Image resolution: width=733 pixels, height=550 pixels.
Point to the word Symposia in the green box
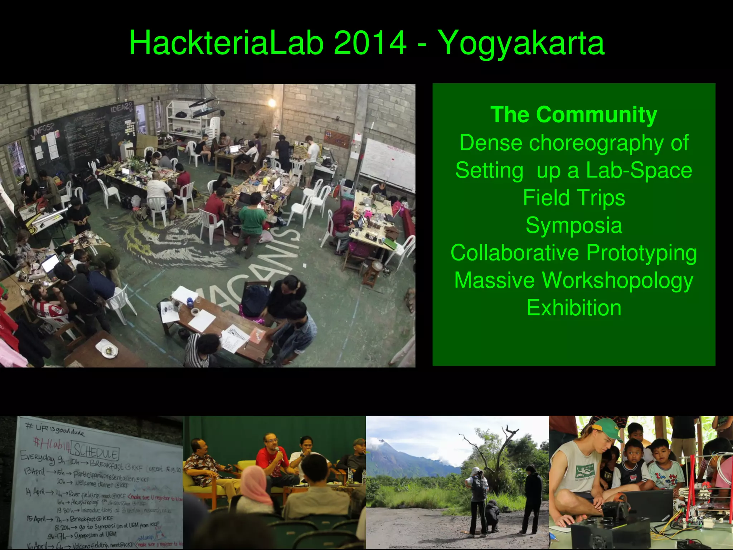(574, 225)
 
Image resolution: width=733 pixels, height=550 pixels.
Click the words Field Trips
(574, 198)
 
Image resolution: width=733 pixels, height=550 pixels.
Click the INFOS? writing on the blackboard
(44, 129)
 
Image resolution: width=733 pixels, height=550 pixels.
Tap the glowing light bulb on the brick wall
(272, 103)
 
